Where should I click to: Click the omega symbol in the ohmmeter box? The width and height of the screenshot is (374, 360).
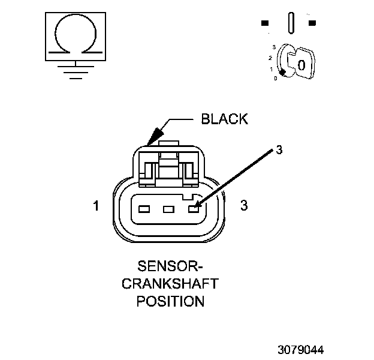click(74, 37)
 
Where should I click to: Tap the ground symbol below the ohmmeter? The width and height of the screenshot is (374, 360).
click(74, 71)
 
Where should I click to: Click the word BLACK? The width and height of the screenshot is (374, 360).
click(224, 119)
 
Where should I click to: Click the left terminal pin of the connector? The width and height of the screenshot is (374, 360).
click(143, 209)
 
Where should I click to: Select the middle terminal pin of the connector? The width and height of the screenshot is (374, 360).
click(168, 209)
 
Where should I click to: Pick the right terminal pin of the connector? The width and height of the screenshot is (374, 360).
click(192, 209)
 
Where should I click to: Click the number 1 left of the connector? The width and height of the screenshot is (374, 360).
click(96, 206)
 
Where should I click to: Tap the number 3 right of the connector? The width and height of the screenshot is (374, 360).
click(244, 206)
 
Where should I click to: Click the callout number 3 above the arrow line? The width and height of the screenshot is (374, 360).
click(278, 149)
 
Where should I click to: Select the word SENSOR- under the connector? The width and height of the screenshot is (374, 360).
click(170, 265)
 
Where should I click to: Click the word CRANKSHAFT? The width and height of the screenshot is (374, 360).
click(170, 283)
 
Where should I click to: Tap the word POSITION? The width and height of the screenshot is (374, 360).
click(170, 301)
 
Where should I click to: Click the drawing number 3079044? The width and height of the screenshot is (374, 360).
click(301, 348)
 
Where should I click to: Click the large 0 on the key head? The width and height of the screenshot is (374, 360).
click(302, 64)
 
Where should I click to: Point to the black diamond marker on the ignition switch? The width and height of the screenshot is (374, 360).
click(282, 72)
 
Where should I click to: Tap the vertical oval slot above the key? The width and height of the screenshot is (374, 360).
click(291, 23)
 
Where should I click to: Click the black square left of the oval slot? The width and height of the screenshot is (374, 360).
click(265, 23)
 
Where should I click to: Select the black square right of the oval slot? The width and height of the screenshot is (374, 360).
click(312, 23)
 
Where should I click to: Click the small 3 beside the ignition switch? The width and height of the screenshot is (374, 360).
click(273, 47)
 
